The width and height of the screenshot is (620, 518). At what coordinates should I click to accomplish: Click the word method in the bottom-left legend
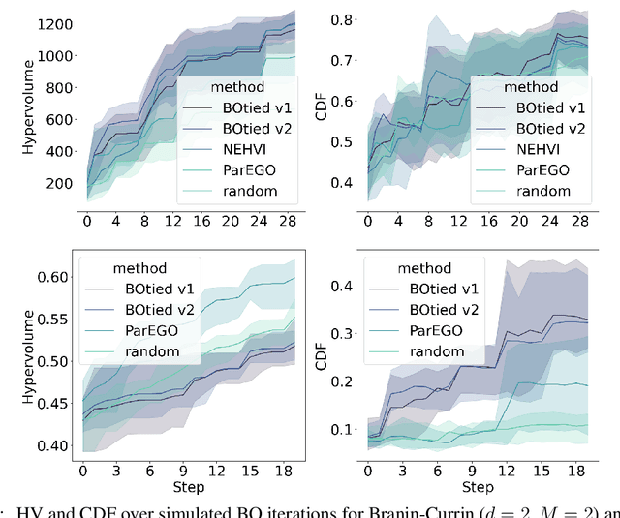136,267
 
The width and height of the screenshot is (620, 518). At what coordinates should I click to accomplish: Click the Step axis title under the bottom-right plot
478,487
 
